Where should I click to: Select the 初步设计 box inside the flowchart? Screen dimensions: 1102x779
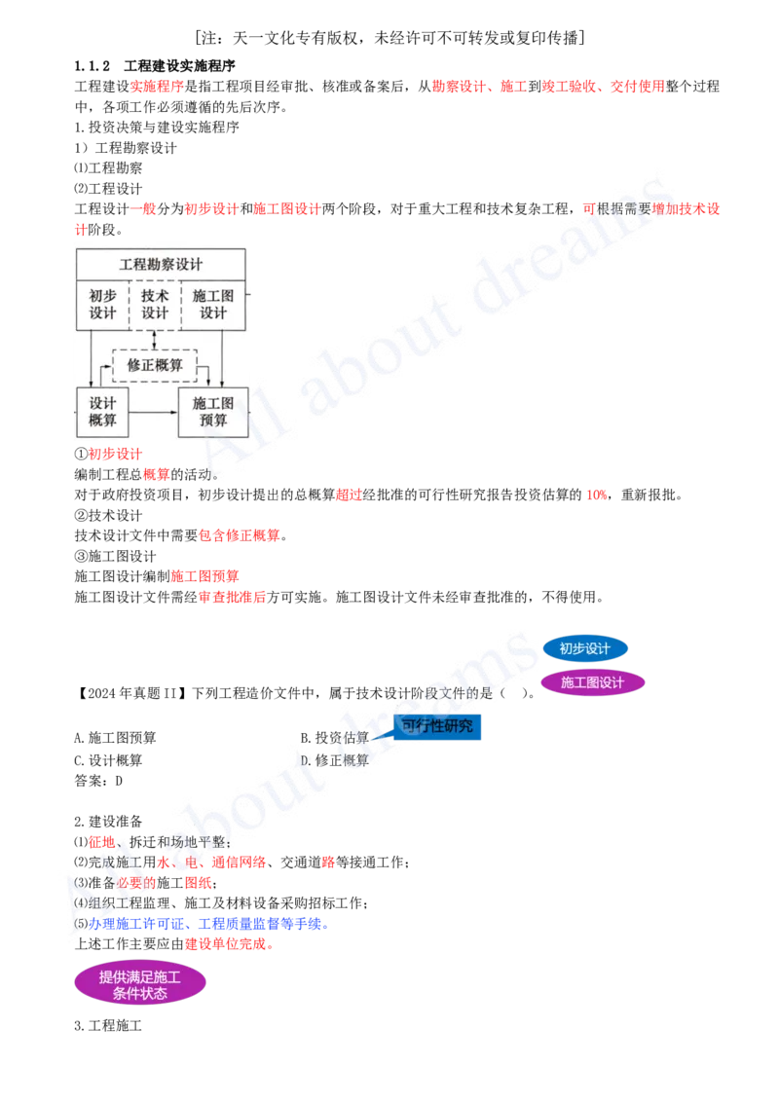pos(102,304)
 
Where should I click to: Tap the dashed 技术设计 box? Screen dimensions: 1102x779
pos(156,304)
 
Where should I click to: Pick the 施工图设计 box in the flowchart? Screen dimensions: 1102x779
pos(213,304)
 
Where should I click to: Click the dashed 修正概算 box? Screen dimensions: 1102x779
pos(155,365)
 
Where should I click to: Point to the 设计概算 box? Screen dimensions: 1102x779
pos(102,411)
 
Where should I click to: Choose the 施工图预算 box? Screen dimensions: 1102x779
pos(213,411)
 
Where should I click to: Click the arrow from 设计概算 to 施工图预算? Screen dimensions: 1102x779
pos(153,412)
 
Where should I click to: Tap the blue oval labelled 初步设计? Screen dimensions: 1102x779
pos(585,648)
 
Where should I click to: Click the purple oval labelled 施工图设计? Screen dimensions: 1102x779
pos(592,682)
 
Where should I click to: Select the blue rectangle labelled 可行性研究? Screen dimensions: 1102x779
pos(437,725)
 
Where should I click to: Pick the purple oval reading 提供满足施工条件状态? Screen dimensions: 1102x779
pos(140,983)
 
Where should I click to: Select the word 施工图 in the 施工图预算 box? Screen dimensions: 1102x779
pos(213,403)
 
